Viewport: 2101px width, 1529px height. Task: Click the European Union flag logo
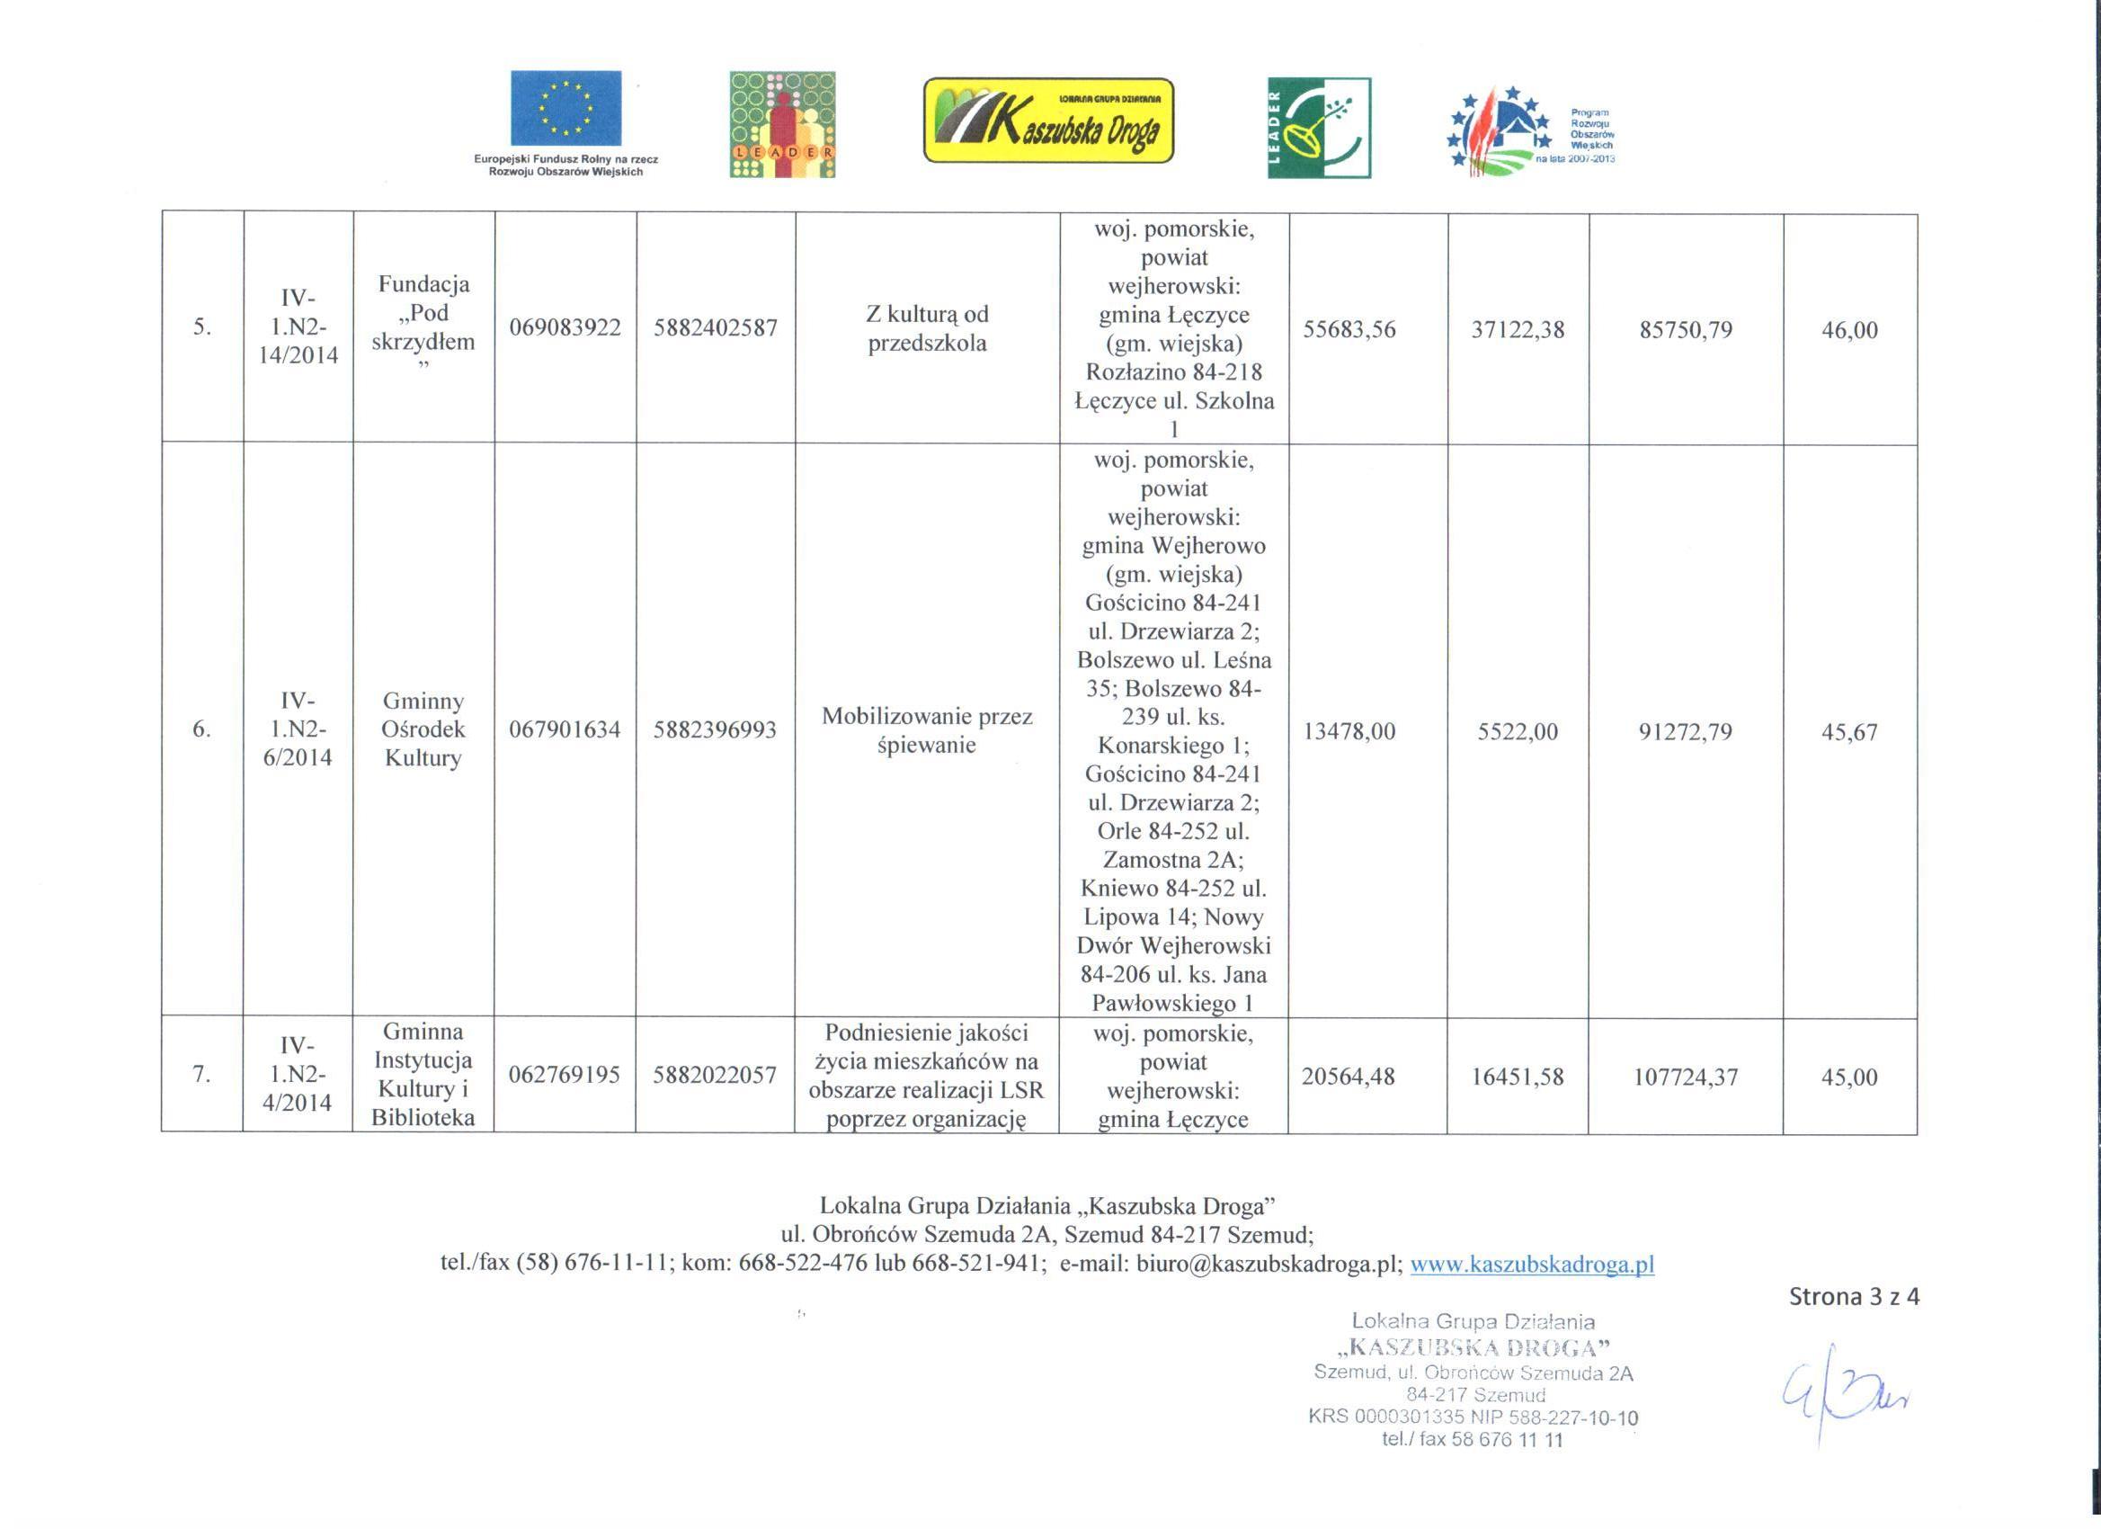click(x=565, y=109)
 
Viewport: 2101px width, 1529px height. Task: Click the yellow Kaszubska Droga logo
click(x=1047, y=121)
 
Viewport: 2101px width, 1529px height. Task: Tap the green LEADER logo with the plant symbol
click(x=1318, y=127)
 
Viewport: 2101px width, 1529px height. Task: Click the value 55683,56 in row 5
click(x=1349, y=330)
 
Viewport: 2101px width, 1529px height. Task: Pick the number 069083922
click(x=565, y=328)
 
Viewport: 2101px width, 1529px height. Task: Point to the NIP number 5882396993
click(x=714, y=730)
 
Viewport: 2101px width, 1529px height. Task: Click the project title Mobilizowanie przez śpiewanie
click(x=926, y=730)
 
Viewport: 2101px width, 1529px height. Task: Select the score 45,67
click(x=1849, y=732)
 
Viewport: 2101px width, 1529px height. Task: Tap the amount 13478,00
click(x=1349, y=732)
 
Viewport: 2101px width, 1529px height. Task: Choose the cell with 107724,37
click(x=1685, y=1077)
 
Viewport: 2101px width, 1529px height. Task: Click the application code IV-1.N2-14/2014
click(x=298, y=327)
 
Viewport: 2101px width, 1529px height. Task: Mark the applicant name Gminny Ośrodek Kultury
click(x=423, y=729)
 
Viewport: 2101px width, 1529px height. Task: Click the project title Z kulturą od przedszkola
click(x=926, y=328)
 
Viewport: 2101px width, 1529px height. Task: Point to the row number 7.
click(x=201, y=1075)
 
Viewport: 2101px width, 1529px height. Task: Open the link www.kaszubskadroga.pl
click(x=1531, y=1264)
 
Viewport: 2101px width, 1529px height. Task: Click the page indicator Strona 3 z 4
click(x=1854, y=1296)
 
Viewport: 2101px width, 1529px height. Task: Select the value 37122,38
click(x=1518, y=330)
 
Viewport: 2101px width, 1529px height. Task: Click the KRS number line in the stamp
click(x=1473, y=1417)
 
